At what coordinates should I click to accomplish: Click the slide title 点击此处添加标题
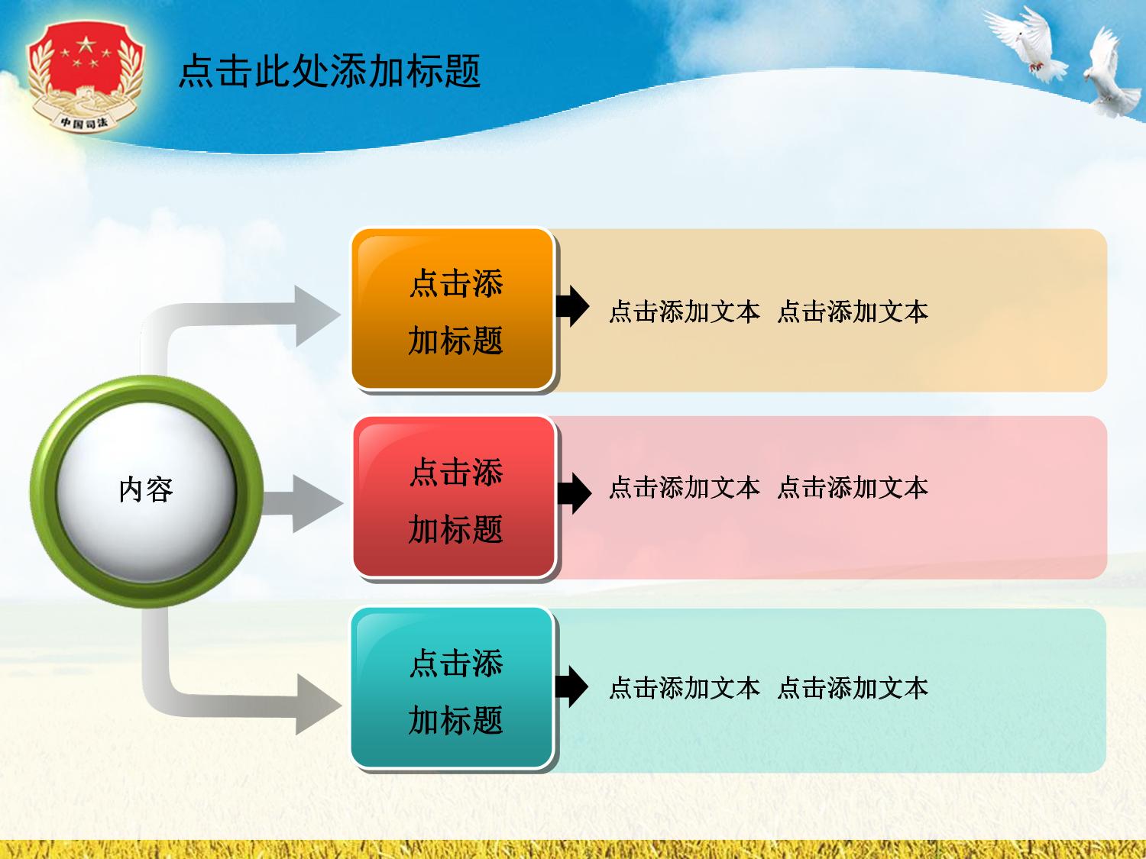[x=329, y=70]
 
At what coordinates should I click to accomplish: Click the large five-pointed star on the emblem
[x=86, y=44]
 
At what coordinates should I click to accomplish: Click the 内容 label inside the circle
[x=146, y=489]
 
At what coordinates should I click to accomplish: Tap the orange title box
[x=452, y=308]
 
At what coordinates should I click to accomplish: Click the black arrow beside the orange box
[x=572, y=306]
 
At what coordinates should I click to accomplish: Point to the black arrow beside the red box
[x=574, y=492]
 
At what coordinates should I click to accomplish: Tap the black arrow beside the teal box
[x=571, y=686]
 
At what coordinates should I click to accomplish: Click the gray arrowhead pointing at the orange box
[x=316, y=315]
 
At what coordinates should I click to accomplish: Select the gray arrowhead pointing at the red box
[x=316, y=503]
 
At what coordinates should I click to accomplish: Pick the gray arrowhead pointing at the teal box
[x=317, y=704]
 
